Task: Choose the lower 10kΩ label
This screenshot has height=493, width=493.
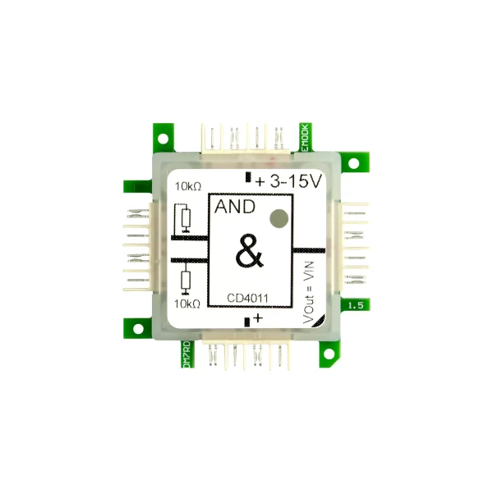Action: pyautogui.click(x=188, y=304)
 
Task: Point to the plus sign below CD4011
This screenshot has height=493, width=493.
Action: pyautogui.click(x=259, y=317)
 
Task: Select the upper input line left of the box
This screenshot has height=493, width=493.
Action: pyautogui.click(x=189, y=238)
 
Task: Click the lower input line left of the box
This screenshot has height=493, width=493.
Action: pyautogui.click(x=189, y=262)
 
